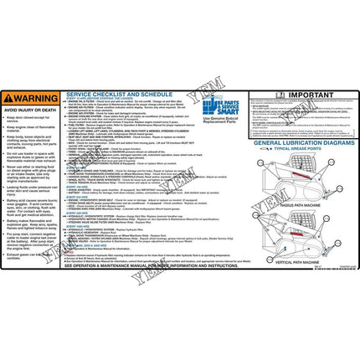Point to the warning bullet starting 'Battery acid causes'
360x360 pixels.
(x=32, y=207)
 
